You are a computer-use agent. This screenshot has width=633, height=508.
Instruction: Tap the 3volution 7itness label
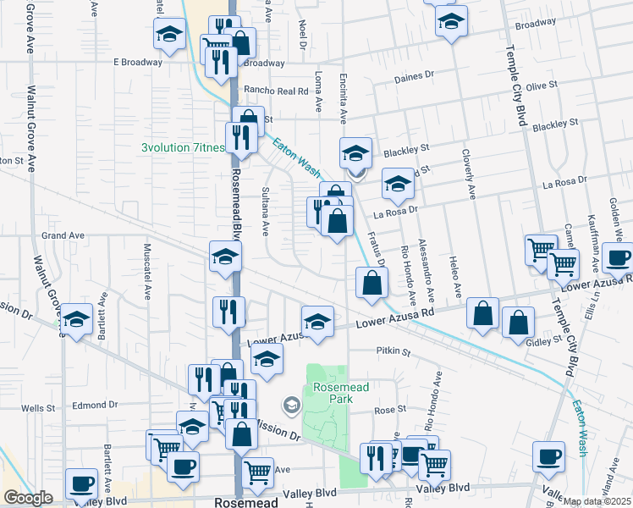point(183,147)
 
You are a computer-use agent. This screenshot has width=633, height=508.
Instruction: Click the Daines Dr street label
point(414,75)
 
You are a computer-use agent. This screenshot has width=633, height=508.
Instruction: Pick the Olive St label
point(541,86)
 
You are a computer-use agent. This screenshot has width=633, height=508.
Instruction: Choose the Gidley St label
point(546,340)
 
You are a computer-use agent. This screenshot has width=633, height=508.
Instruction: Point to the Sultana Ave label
point(266,211)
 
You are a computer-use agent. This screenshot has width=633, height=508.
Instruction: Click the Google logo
point(29,498)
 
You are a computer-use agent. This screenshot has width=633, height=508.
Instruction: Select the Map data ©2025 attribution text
point(597,501)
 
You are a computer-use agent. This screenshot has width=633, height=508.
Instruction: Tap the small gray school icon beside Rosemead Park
point(292,406)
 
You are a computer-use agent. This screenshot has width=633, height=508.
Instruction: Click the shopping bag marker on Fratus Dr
point(372,284)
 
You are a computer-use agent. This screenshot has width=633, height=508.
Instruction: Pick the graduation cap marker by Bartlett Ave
point(76,320)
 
